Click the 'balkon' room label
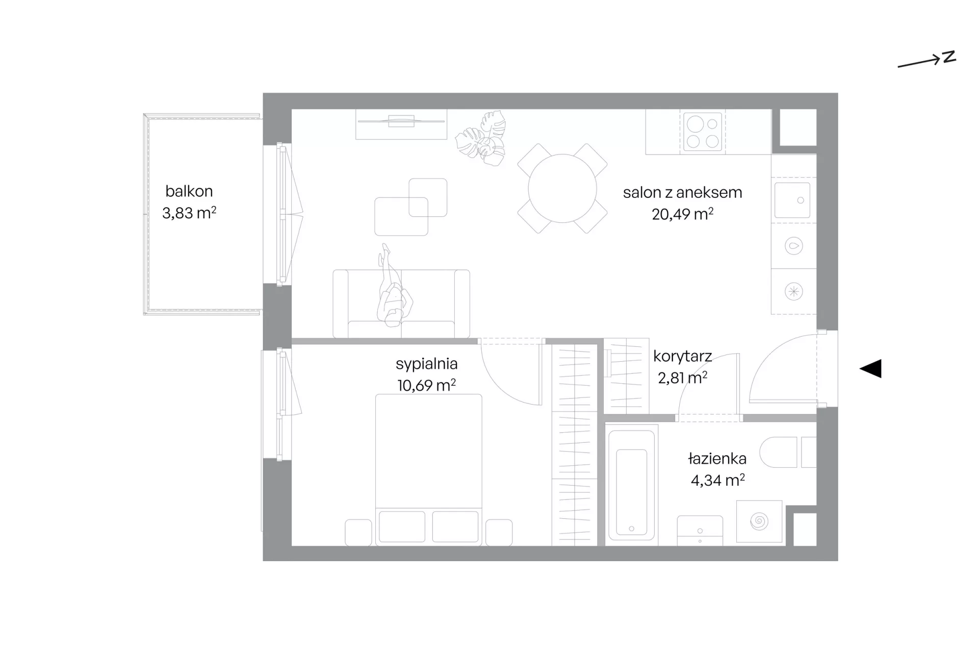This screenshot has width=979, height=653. click(x=189, y=191)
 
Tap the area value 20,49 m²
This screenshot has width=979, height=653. click(x=682, y=214)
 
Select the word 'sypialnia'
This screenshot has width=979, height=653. click(x=427, y=364)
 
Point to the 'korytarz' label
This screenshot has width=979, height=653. click(x=682, y=356)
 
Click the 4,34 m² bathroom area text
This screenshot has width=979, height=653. click(x=717, y=481)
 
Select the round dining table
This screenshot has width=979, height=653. click(x=562, y=188)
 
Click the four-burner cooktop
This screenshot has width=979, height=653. click(x=702, y=132)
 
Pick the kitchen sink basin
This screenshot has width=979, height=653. click(x=792, y=200)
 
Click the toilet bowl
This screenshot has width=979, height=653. click(x=778, y=453)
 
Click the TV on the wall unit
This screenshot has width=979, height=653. click(x=401, y=121)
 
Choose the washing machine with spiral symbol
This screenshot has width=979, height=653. click(x=759, y=521)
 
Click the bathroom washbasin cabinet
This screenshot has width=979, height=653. click(x=700, y=531)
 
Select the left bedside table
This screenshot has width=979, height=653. click(x=358, y=533)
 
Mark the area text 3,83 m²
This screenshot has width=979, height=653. click(x=189, y=213)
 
